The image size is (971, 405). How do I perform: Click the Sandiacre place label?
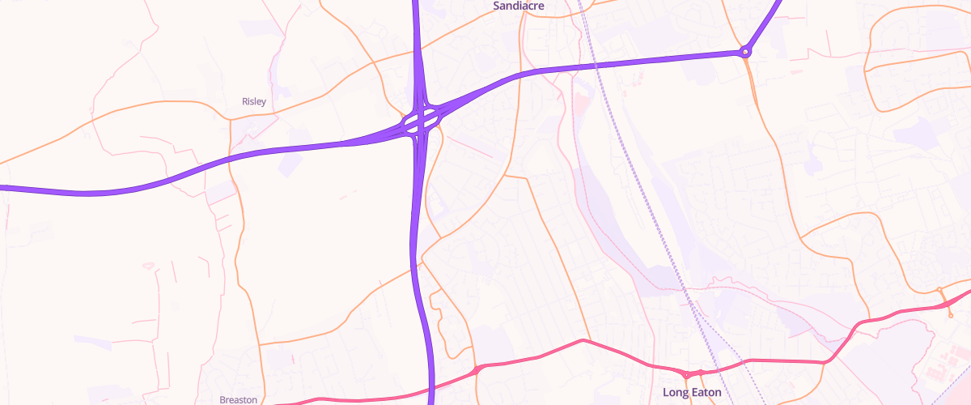pos(519,6)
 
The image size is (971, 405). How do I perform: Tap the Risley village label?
pos(254,101)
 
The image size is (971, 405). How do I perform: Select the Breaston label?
pos(238,399)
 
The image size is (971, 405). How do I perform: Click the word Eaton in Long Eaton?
pos(704,392)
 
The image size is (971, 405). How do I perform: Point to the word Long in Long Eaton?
pos(675,392)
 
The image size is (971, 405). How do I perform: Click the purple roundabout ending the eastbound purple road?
pos(745,52)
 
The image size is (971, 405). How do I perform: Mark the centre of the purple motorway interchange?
pos(421,122)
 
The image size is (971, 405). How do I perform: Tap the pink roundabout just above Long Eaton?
pos(686,374)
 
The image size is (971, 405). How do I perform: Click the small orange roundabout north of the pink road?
pos(939,289)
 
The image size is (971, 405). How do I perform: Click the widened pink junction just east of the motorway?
pos(480,369)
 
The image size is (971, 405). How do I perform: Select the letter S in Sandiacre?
pos(497,6)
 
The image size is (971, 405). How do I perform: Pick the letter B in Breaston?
pos(223,399)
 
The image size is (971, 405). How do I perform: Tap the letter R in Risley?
pos(244,101)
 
